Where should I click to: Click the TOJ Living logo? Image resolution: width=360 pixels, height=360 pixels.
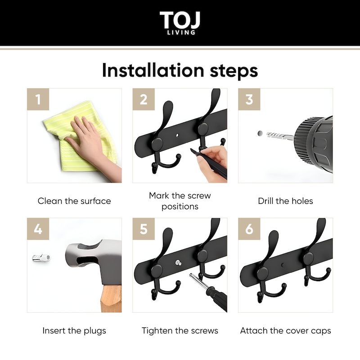coord(180,23)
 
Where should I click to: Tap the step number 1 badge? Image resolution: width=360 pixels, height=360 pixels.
coord(38,99)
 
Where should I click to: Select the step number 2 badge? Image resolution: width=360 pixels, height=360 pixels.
coord(144,99)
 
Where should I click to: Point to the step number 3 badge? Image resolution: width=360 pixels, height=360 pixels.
coord(249,99)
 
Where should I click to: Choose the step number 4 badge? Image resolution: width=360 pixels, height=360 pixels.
coord(38,229)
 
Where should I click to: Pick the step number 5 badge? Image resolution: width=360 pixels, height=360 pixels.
coord(144,229)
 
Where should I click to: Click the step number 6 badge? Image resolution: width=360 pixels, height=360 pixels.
coord(249,229)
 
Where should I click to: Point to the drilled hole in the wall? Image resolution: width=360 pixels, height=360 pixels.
coord(260,133)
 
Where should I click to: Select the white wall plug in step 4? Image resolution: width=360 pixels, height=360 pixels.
coord(41,257)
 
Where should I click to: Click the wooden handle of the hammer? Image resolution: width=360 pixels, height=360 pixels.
coord(111,298)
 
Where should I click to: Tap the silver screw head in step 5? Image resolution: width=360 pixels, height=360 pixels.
coord(178,263)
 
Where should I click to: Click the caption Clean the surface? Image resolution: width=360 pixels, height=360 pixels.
coord(74,201)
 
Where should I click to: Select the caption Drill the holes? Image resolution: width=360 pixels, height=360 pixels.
coord(285,201)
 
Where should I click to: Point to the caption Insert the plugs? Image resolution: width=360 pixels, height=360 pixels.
coord(74,331)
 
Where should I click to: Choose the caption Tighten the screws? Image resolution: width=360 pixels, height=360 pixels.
coord(180,331)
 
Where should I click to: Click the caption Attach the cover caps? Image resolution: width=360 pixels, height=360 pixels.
coord(285,331)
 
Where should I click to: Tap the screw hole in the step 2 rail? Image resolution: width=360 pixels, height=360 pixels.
coord(177,135)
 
